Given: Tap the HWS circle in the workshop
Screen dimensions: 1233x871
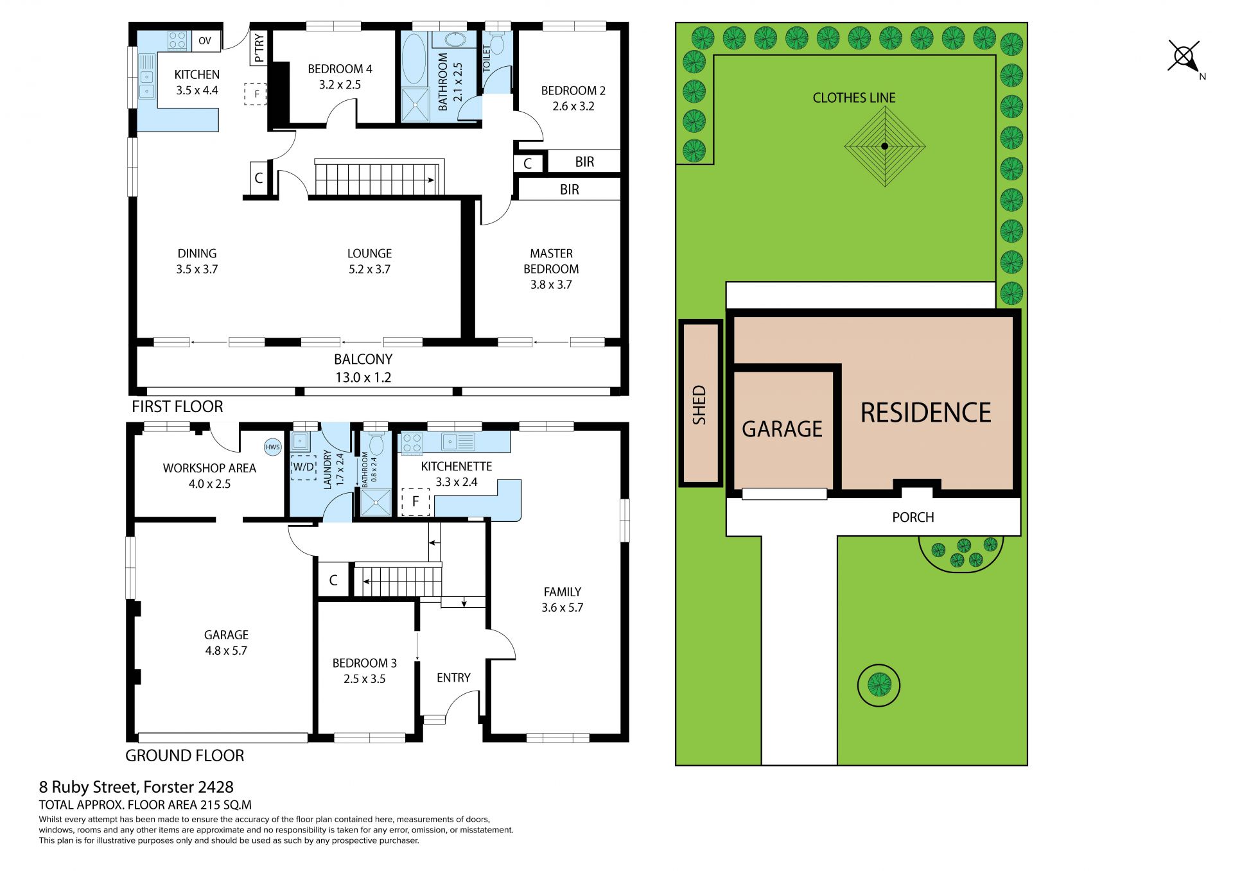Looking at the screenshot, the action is pos(273,447).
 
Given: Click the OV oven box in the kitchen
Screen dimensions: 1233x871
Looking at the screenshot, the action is pos(205,40).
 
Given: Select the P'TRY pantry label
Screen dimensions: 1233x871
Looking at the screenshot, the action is pos(259,49).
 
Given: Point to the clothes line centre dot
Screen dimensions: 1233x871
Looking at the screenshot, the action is pos(884,146).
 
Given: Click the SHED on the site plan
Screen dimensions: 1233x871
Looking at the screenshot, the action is pos(700,403).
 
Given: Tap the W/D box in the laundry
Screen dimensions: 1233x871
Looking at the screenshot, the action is pos(304,467).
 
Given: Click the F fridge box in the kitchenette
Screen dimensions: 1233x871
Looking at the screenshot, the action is pos(415,501).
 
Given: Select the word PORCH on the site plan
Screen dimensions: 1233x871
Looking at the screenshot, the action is pos(913,517).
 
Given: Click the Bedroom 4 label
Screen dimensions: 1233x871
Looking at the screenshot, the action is pos(340,69).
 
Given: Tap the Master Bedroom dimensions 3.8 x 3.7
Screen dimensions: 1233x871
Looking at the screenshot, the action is pos(551,284).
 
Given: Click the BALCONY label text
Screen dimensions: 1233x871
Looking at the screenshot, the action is pos(363,359).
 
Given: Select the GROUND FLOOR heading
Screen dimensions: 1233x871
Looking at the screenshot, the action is pos(184,755).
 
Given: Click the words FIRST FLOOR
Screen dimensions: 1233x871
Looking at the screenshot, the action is pos(177,406).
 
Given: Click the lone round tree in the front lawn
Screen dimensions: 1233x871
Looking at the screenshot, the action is pos(879,686).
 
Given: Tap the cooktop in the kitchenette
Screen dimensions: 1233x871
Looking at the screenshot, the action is pos(412,443).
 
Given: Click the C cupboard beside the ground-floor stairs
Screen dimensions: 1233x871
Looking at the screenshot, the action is pos(333,580).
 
